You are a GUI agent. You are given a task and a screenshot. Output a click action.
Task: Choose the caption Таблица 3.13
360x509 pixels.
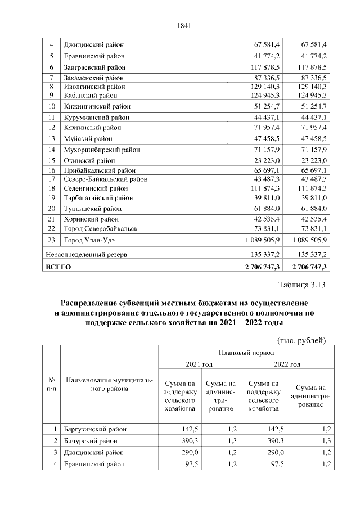point(302,285)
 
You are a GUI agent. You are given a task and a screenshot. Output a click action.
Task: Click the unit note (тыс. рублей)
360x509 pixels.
point(302,340)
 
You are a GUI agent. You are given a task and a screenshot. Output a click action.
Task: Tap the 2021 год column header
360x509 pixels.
point(199,364)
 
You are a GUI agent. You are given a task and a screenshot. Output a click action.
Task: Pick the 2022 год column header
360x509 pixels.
point(286,364)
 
